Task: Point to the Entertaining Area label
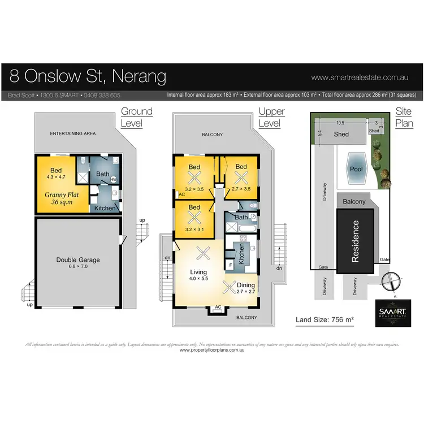pos(72,134)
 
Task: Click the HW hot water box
pos(113,180)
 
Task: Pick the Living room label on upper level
pos(199,272)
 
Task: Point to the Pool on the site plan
pos(356,169)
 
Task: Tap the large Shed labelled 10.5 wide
pos(341,135)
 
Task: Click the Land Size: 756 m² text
pos(325,320)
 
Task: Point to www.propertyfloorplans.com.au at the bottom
pos(212,351)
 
